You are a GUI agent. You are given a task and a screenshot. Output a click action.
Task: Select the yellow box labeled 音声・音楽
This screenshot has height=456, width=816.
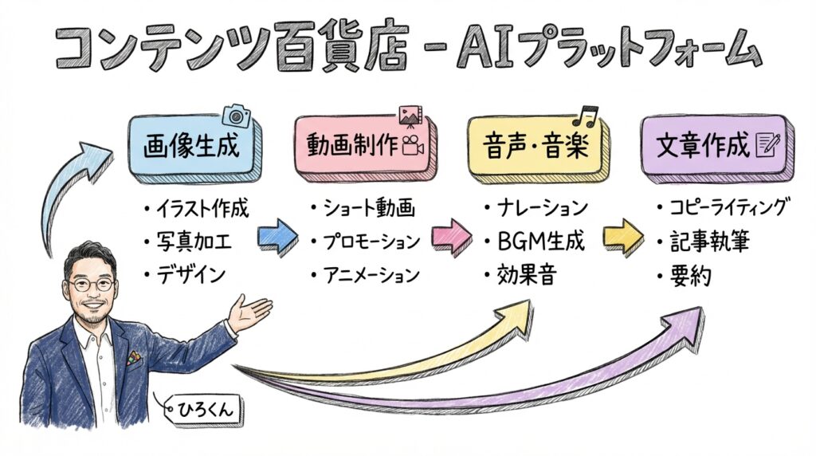536,147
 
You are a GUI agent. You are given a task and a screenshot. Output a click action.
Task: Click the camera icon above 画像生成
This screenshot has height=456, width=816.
236,116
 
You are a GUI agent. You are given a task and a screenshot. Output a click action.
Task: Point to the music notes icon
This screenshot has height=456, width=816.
588,116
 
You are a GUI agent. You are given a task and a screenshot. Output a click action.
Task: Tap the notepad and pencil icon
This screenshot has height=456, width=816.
771,144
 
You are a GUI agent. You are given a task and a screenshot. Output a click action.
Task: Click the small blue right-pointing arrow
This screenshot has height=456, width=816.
278,236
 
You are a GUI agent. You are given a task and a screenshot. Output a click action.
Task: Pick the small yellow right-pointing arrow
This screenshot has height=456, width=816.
624,236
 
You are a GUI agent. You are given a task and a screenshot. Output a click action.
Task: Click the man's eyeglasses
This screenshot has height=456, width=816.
90,283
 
